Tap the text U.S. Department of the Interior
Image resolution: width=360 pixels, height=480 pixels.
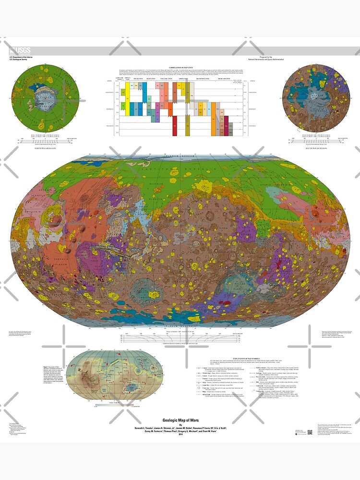coord(22,57)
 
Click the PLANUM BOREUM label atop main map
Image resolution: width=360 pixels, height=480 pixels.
coord(180,156)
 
